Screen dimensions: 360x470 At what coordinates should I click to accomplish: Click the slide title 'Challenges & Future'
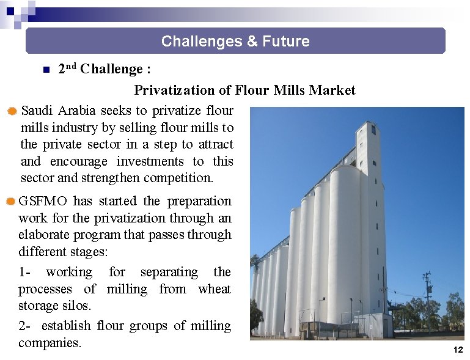point(235,42)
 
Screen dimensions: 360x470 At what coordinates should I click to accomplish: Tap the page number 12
point(458,350)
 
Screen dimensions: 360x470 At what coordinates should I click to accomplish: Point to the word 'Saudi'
point(38,111)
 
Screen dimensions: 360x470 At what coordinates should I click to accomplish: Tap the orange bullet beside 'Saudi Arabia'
point(12,111)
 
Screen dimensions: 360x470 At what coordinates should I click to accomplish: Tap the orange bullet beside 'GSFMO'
point(10,202)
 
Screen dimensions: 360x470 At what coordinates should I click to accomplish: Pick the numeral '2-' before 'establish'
point(25,326)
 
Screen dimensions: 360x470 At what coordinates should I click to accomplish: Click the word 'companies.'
point(50,343)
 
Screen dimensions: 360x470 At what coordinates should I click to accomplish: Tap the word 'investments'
point(150,161)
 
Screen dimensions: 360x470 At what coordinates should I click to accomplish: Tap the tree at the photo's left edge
point(256,312)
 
